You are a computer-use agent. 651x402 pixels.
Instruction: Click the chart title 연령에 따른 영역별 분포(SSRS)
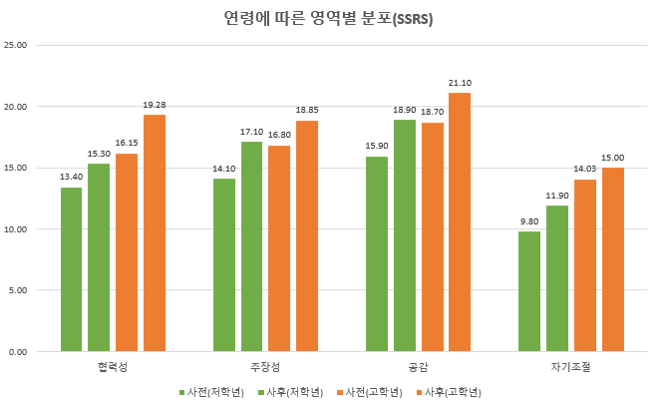click(325, 18)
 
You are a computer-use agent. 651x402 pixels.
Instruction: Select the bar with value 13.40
click(72, 269)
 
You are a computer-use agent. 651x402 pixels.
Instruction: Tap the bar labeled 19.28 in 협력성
click(155, 233)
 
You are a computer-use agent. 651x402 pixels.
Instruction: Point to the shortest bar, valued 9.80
click(529, 291)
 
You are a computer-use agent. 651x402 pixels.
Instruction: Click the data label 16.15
click(127, 144)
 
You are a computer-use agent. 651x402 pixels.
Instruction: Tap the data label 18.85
click(306, 111)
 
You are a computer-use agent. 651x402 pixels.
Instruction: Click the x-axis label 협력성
click(113, 367)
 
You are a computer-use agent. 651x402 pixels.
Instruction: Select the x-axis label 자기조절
click(570, 367)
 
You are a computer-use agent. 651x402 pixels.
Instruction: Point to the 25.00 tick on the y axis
click(16, 45)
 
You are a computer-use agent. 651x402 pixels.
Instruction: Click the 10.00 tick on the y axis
click(16, 229)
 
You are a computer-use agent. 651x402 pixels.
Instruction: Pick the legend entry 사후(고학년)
click(452, 392)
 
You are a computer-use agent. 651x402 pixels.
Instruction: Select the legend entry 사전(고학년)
click(372, 392)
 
